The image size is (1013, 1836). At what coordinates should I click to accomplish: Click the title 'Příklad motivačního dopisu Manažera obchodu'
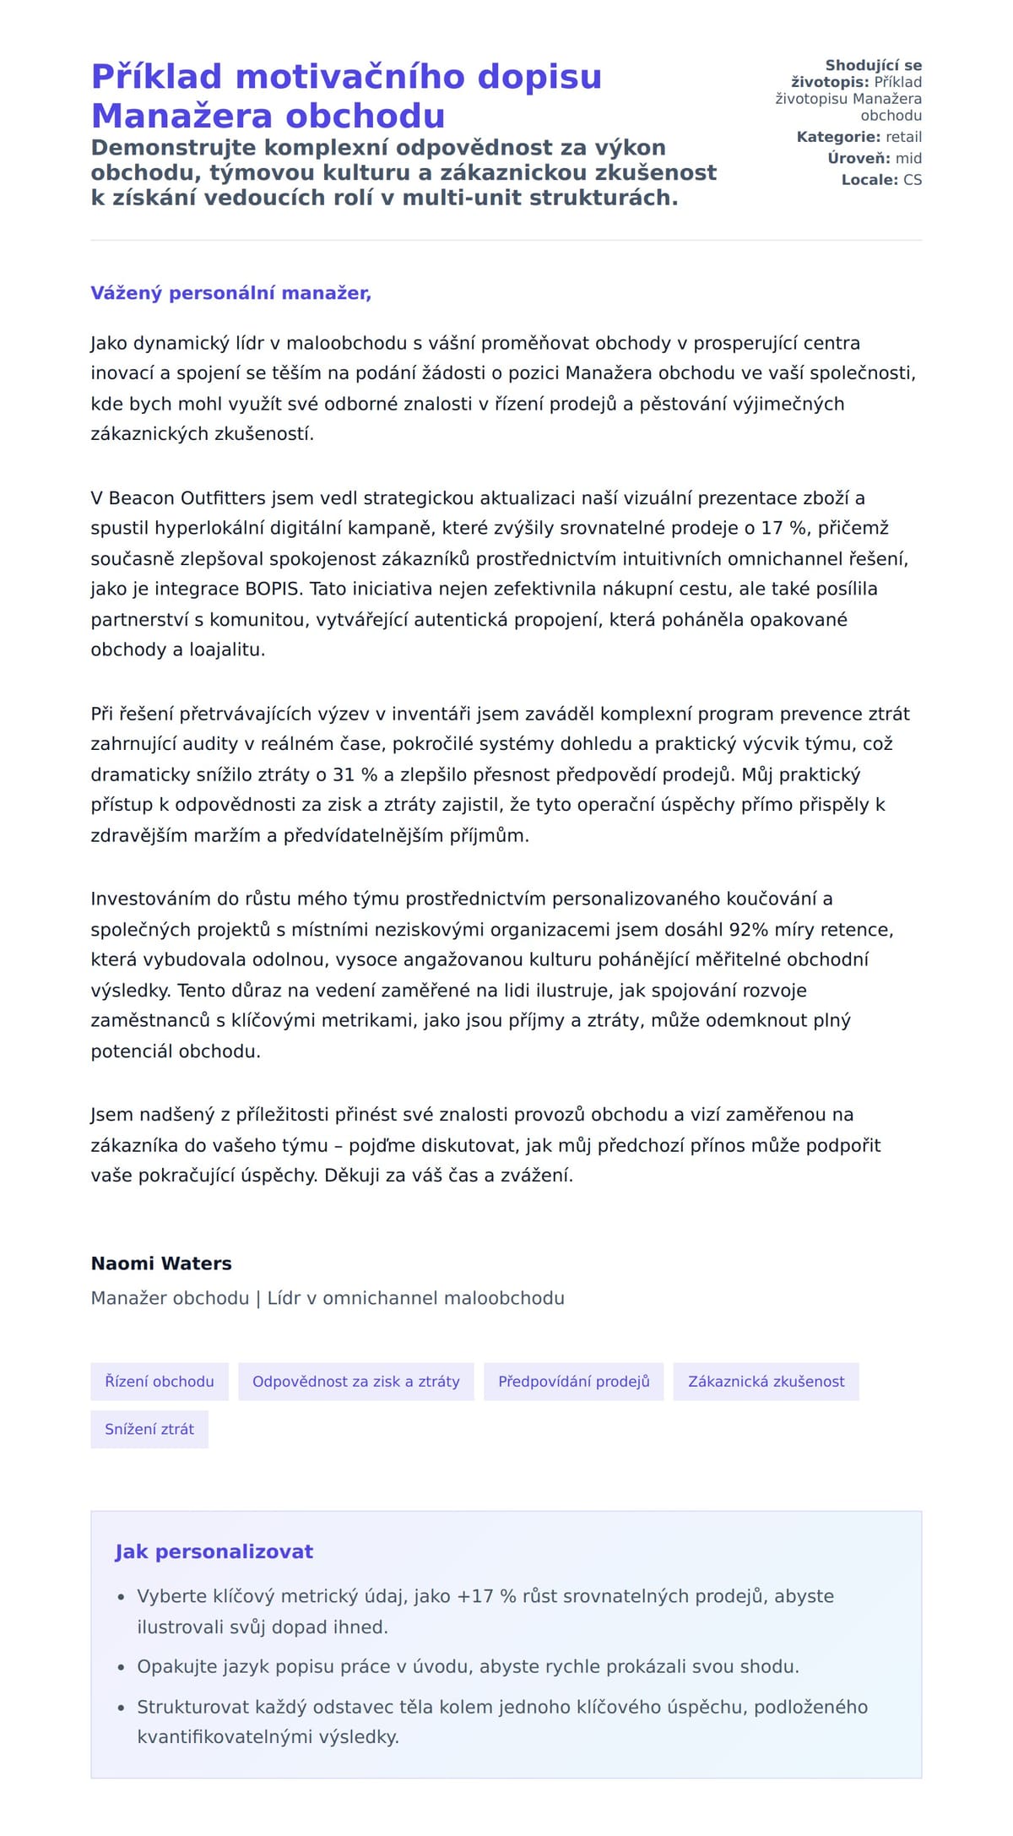[346, 95]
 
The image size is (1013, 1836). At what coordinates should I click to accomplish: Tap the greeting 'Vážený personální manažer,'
[230, 293]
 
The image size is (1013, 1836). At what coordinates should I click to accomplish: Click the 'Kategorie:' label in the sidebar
[838, 137]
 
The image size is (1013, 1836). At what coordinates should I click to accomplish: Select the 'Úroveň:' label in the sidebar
[859, 159]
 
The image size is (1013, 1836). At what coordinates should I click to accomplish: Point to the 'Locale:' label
[869, 180]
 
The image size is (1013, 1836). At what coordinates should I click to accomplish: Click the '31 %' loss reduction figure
[354, 775]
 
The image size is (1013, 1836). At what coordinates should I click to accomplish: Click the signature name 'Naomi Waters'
[161, 1263]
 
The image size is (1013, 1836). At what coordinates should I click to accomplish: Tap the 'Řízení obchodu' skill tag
[160, 1382]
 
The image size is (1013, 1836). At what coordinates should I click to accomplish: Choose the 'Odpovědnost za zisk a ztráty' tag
[355, 1382]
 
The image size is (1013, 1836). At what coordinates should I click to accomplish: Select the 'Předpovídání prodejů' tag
[573, 1382]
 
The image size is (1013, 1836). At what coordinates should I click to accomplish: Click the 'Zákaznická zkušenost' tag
[766, 1382]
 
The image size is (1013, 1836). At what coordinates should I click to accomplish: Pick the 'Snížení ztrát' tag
[149, 1429]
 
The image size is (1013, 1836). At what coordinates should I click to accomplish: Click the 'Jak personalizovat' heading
[214, 1551]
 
